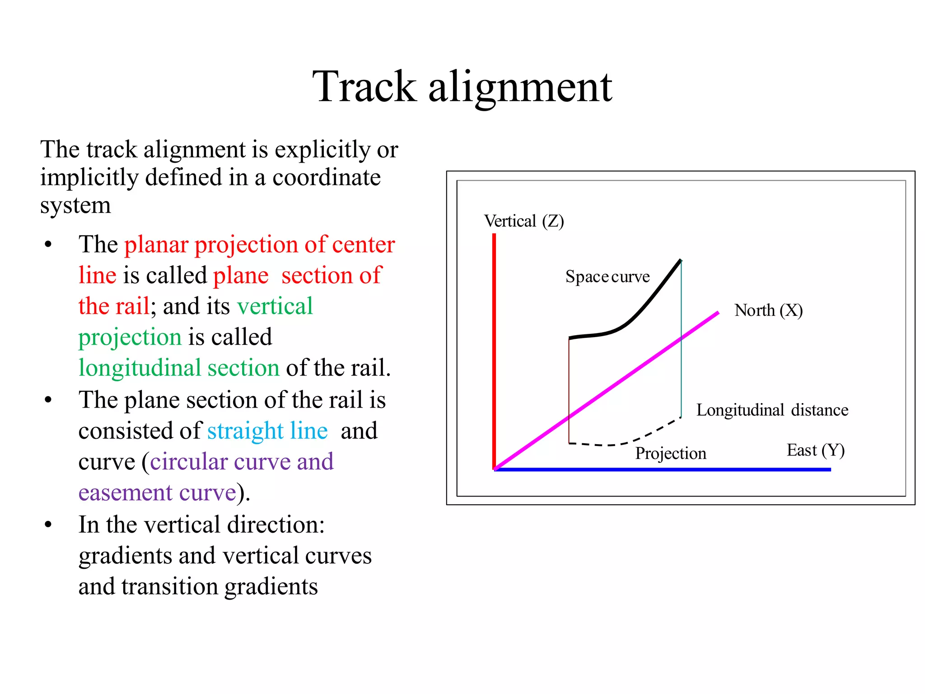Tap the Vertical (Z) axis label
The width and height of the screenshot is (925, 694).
tap(524, 221)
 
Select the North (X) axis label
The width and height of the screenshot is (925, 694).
tap(768, 310)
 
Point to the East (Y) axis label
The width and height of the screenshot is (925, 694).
tap(815, 450)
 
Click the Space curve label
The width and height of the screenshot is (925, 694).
tap(607, 277)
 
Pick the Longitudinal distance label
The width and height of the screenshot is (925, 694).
tap(772, 410)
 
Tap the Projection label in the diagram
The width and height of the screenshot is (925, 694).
tap(670, 453)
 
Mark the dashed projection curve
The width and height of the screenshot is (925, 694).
tap(632, 441)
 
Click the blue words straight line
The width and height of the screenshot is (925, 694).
tap(267, 431)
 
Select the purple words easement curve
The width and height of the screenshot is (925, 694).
tap(157, 493)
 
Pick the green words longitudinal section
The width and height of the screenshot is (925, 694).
tap(179, 368)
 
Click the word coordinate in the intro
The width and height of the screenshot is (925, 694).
tap(326, 178)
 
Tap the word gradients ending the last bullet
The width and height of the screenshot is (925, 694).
tap(271, 586)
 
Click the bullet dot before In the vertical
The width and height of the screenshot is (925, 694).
tap(48, 525)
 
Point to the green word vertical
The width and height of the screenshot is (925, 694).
tap(275, 306)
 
